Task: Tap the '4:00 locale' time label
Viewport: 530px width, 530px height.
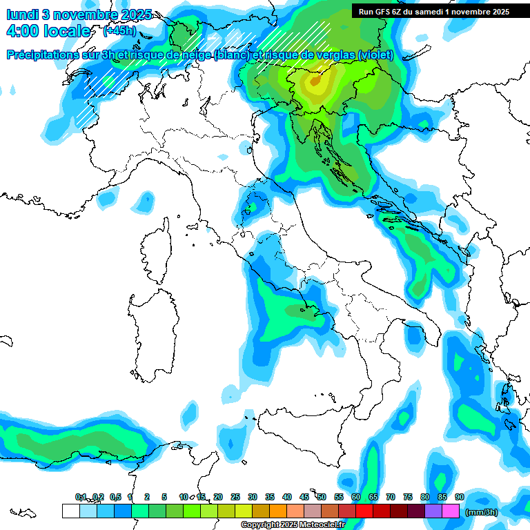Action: [x=48, y=32]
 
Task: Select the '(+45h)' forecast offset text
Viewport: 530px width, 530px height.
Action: [x=119, y=32]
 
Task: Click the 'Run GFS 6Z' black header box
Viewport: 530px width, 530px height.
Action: [x=434, y=11]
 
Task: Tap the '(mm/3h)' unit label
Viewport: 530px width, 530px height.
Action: [x=482, y=513]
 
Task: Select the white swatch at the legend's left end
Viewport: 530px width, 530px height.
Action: [x=71, y=511]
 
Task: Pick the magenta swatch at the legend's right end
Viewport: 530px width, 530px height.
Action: [x=451, y=511]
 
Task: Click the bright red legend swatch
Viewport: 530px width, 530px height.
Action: [x=364, y=511]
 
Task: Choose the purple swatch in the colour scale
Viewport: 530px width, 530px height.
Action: [x=433, y=511]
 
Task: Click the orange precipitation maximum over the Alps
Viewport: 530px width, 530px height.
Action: [x=315, y=81]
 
